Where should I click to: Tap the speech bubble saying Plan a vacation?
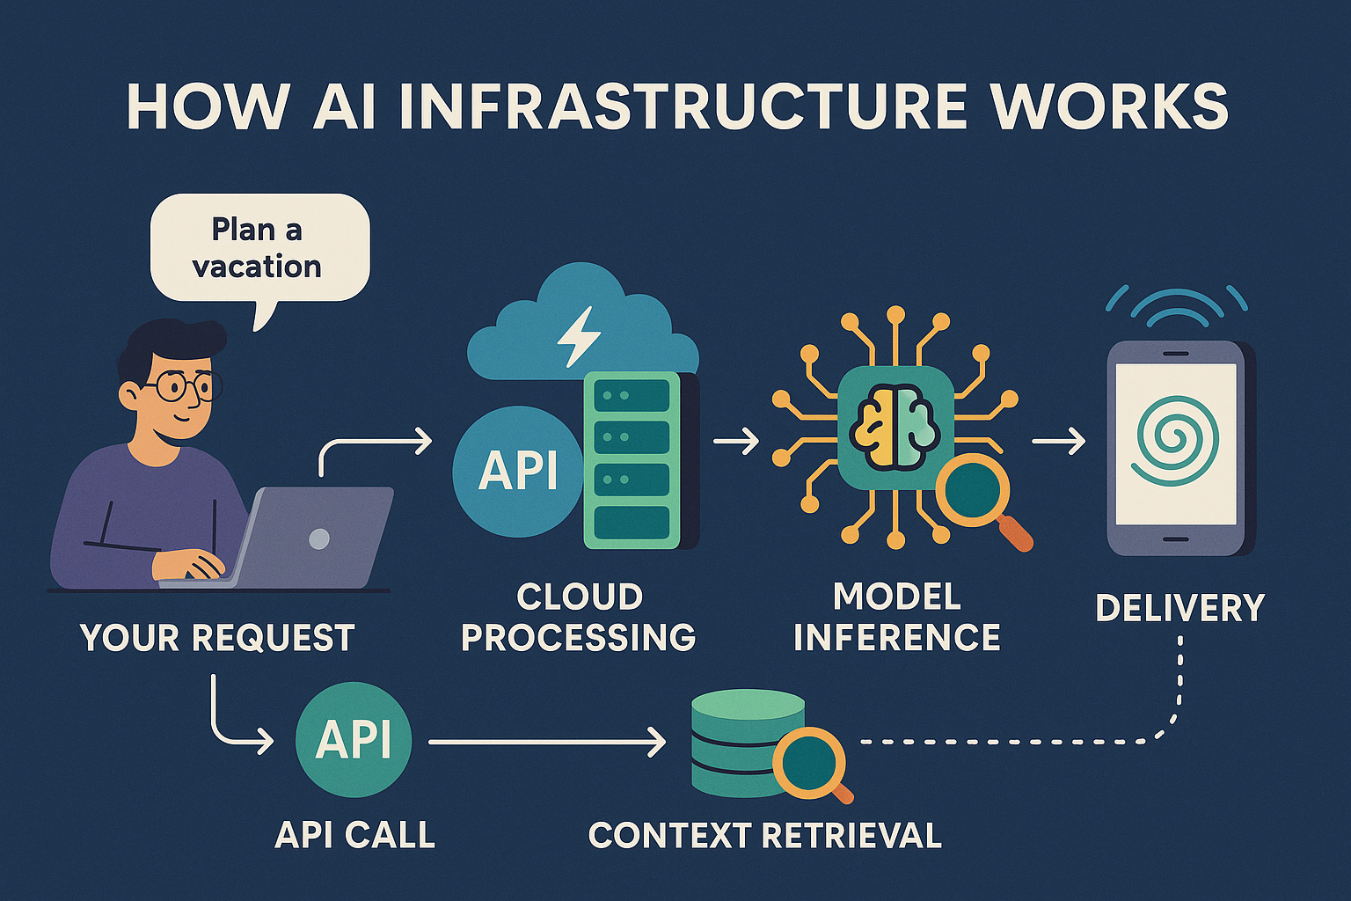tap(259, 248)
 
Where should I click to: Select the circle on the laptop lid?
tap(319, 538)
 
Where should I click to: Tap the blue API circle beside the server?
tap(517, 471)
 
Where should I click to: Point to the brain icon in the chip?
tap(895, 427)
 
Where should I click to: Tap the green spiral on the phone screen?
tap(1177, 440)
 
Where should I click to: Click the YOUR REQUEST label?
tap(217, 638)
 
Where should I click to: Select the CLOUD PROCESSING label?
tap(579, 618)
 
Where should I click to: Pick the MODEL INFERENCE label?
tap(897, 618)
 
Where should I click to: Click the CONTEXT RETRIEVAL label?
tap(764, 836)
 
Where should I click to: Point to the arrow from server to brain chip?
tap(736, 441)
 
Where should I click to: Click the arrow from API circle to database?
tap(545, 743)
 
